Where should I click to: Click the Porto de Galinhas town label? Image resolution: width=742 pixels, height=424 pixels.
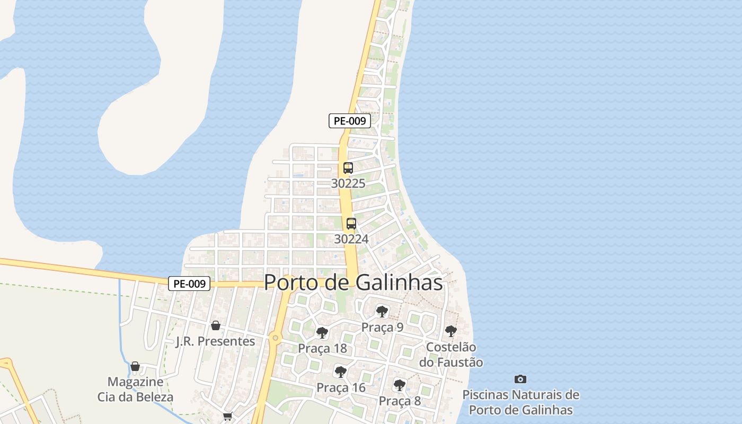pos(353,282)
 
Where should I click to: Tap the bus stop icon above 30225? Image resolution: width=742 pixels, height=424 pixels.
pos(348,168)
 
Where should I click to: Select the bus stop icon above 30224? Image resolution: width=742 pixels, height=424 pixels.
pos(351,224)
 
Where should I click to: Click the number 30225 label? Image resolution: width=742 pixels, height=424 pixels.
pos(348,183)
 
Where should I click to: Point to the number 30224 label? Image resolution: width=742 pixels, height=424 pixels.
pos(351,239)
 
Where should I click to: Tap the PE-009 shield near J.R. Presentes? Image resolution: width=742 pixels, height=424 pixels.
pos(189,284)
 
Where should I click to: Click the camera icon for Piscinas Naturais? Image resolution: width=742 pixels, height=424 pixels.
pos(520,379)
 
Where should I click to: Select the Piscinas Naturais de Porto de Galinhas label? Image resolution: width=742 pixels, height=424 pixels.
pos(520,402)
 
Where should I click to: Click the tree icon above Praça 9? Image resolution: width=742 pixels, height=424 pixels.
pos(382,312)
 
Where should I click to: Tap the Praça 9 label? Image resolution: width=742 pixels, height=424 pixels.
pos(382,327)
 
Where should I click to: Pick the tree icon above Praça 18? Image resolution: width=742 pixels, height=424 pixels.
pos(322,333)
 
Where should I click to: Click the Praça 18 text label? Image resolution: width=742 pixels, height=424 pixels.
pos(322,348)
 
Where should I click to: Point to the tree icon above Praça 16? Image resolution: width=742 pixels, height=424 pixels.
pos(341,372)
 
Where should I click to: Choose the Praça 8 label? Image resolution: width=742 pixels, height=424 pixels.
pos(400,401)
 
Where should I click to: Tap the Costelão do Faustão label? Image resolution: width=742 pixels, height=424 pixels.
pos(451,355)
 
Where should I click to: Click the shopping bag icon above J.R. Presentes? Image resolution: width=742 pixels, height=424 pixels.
pos(216,325)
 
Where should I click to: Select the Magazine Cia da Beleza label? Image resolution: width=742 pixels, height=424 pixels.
pos(135,389)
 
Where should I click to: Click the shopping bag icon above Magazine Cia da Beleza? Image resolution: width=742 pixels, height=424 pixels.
pos(135,366)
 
